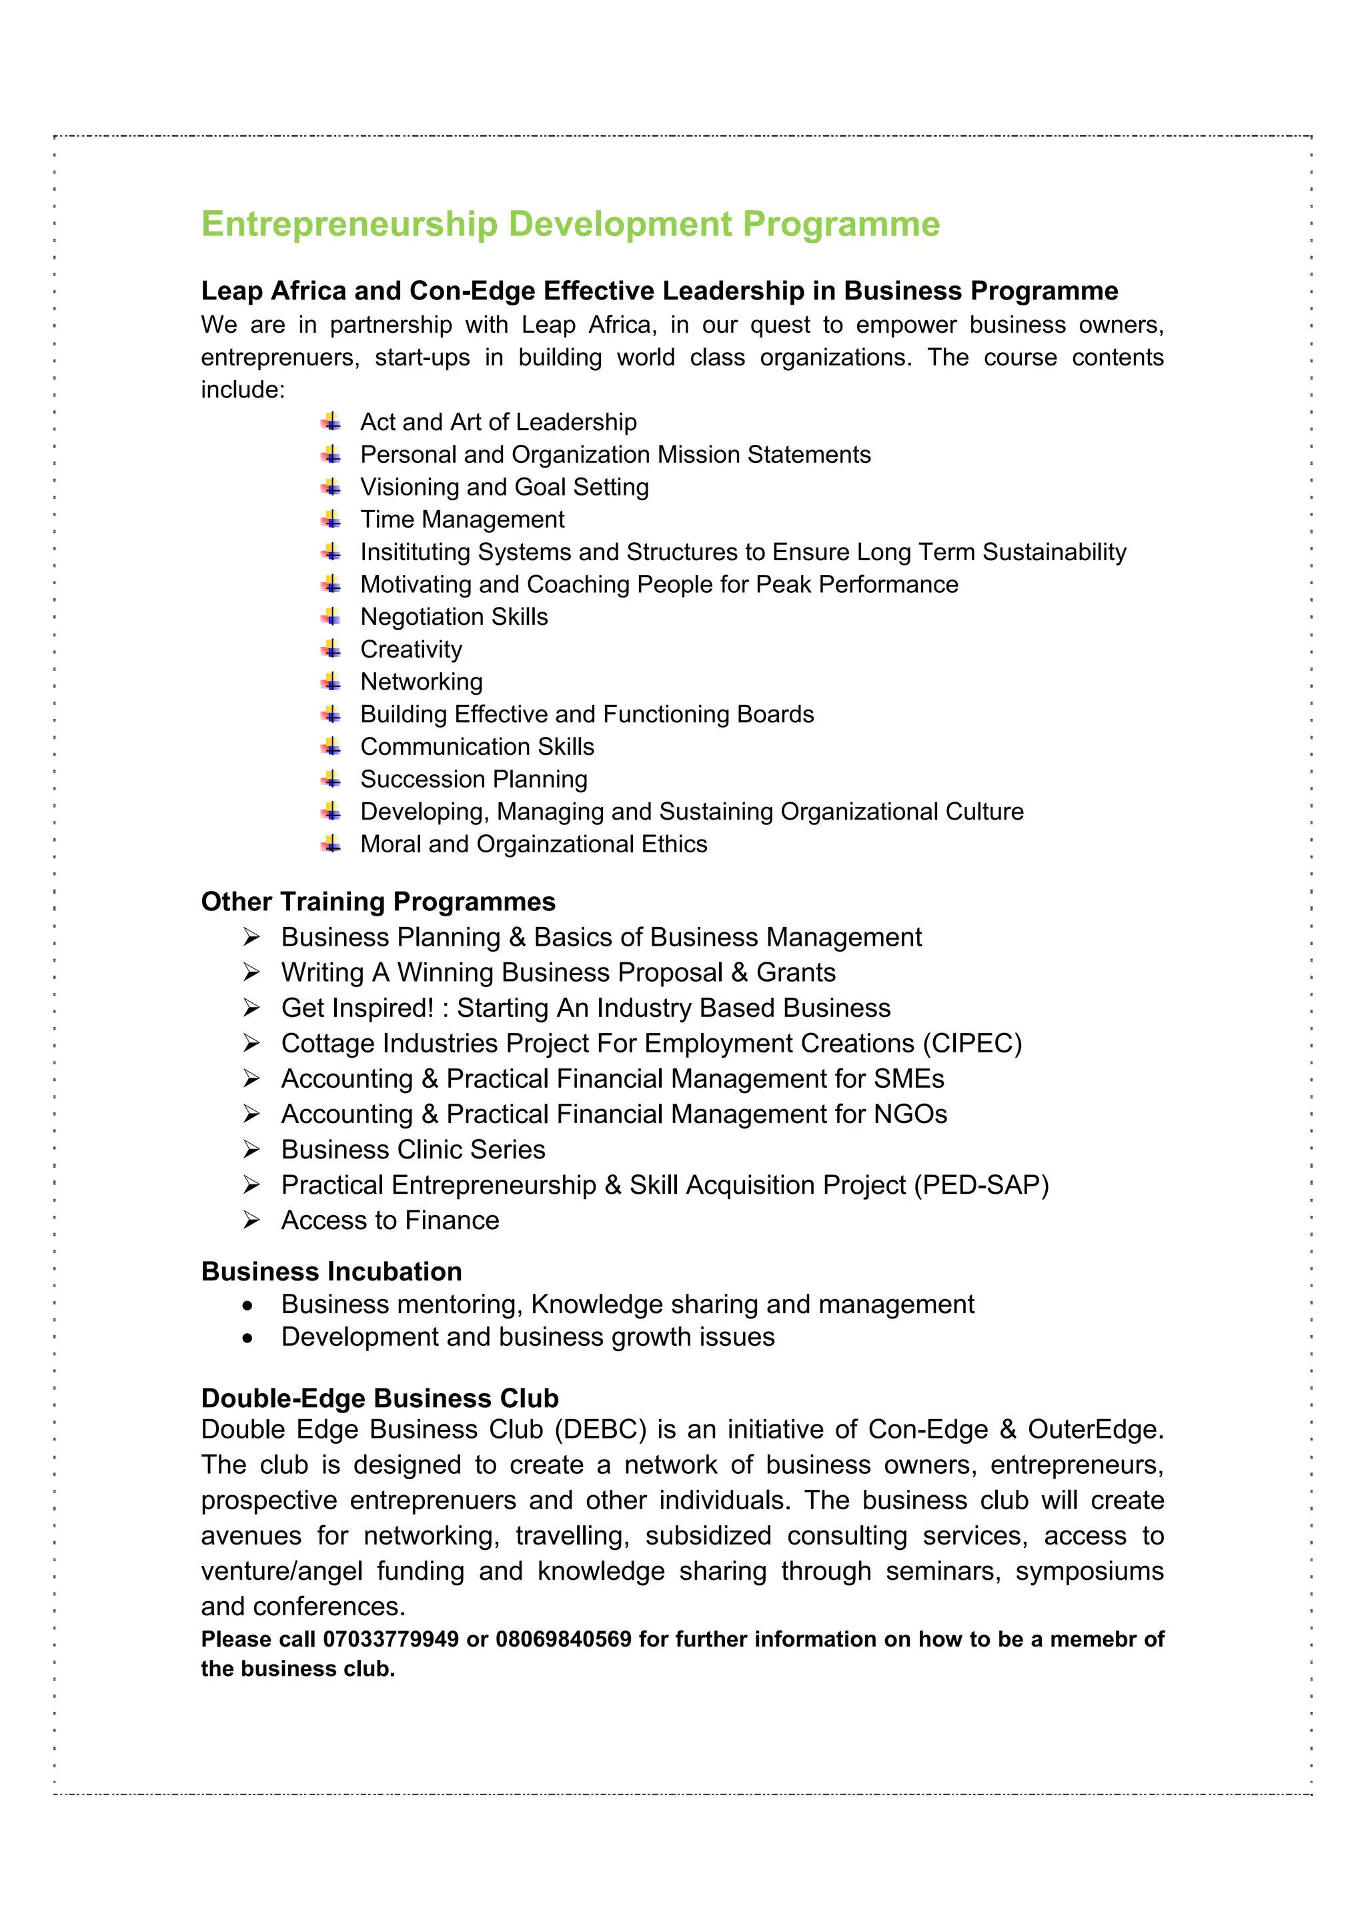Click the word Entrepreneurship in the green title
pyautogui.click(x=350, y=225)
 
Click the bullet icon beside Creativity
pyautogui.click(x=331, y=649)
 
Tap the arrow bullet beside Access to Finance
pyautogui.click(x=251, y=1220)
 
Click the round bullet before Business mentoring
pyautogui.click(x=247, y=1306)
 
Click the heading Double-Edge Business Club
pyautogui.click(x=380, y=1398)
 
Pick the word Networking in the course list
pyautogui.click(x=422, y=682)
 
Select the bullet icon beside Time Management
pyautogui.click(x=331, y=520)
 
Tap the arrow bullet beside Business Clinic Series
pyautogui.click(x=251, y=1150)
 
